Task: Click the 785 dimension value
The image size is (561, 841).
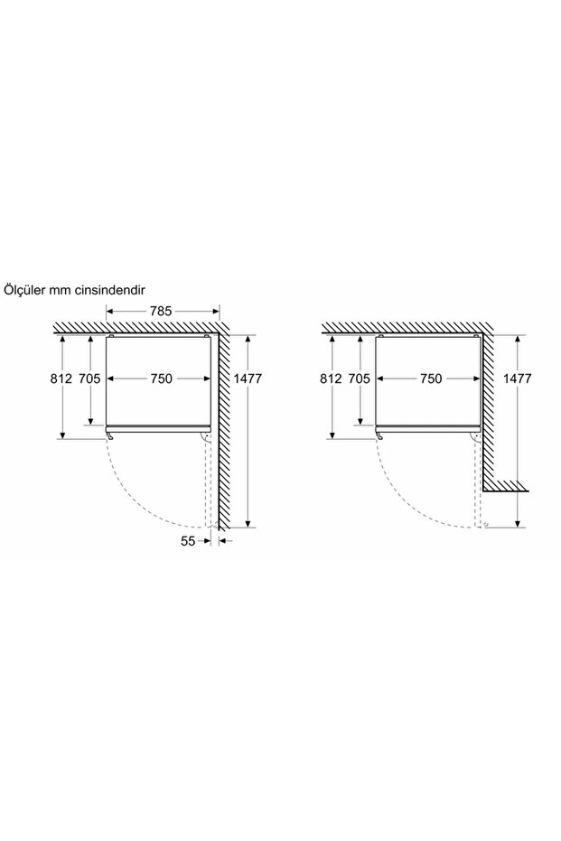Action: [161, 311]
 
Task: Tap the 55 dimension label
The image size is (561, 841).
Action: [188, 540]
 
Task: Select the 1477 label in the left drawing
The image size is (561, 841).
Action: [248, 378]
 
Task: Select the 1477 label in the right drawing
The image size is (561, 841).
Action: [518, 378]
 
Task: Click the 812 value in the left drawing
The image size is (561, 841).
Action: [61, 378]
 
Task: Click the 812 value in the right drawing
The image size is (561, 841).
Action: [331, 378]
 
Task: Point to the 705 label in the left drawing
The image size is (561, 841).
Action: [89, 378]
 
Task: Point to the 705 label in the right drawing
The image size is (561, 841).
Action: [360, 378]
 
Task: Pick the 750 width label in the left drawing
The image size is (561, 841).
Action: [162, 378]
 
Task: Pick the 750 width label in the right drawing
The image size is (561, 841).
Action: [431, 378]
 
